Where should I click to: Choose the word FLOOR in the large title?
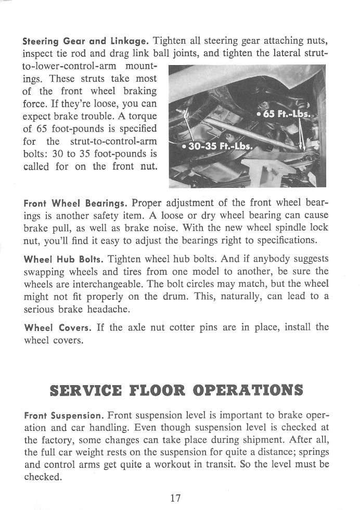click(156, 390)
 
